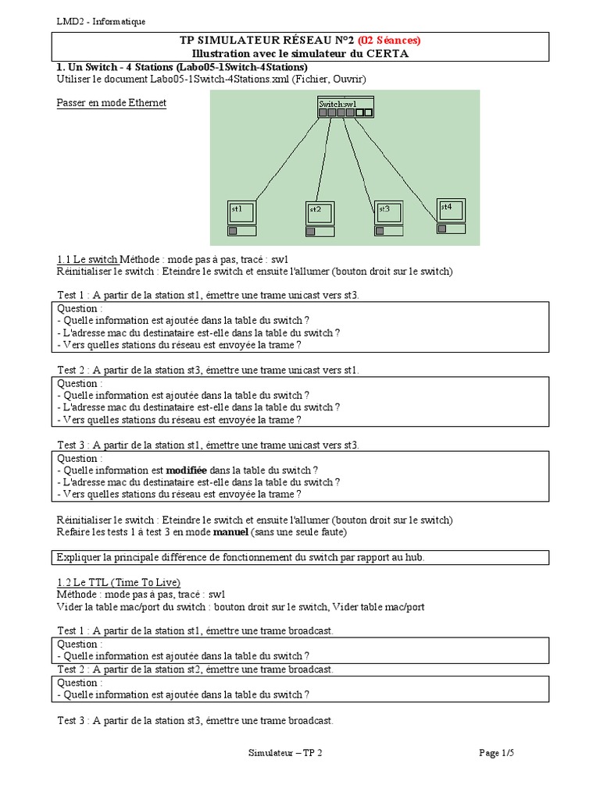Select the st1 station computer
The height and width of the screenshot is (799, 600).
[242, 218]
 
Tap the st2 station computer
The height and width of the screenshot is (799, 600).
[320, 218]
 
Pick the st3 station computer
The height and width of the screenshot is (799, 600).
[389, 217]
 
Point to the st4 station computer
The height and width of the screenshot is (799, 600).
[451, 215]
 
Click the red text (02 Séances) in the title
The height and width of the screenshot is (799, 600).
[389, 41]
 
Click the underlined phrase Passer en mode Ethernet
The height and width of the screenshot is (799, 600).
[112, 103]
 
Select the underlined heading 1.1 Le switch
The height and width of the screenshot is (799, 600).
[87, 259]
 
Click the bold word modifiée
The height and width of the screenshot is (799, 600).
[186, 471]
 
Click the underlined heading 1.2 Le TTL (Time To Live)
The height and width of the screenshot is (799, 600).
[119, 582]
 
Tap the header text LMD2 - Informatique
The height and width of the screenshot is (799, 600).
[101, 22]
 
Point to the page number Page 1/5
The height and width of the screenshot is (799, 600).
[497, 753]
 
